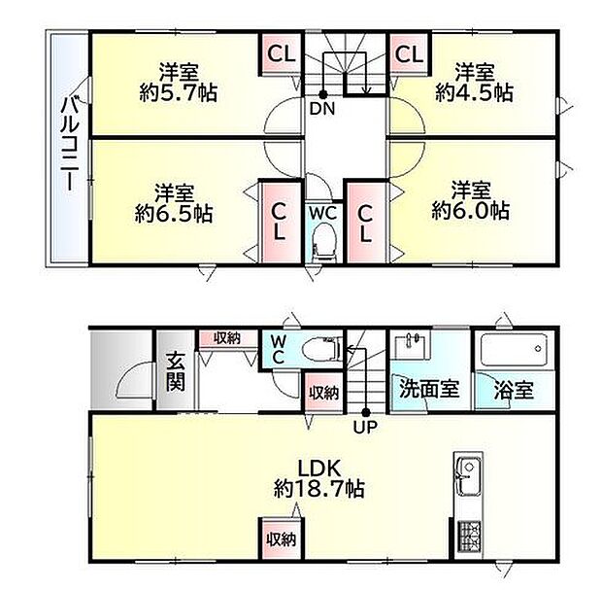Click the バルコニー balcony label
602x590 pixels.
[69, 142]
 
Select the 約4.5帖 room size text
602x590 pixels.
[474, 93]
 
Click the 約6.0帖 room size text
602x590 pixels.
[471, 210]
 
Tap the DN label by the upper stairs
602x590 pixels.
[321, 108]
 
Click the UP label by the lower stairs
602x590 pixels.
[366, 425]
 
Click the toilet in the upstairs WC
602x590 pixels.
[323, 240]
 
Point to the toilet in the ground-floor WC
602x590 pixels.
[319, 348]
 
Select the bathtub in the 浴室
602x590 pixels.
[515, 351]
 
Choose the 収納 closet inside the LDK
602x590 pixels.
[281, 538]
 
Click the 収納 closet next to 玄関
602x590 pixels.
[227, 337]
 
